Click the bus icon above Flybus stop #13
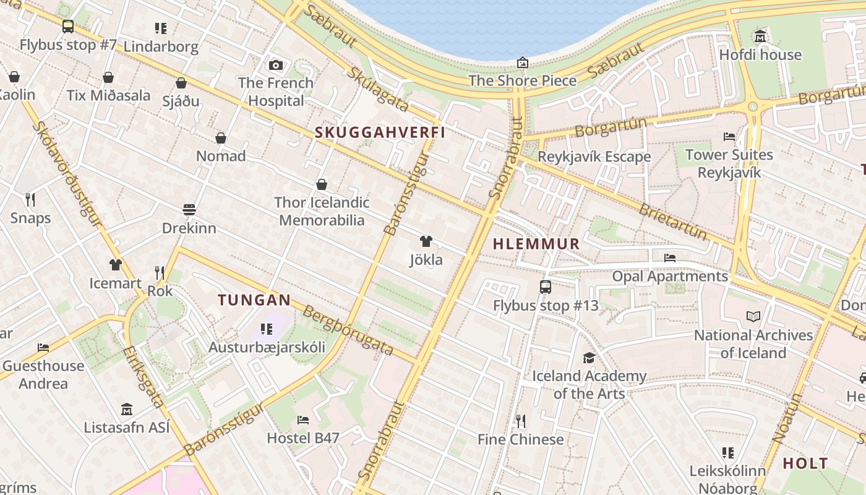pos(545,287)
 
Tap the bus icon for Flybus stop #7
pos(68,27)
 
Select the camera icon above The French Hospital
pos(276,65)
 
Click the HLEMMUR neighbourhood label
pos(536,244)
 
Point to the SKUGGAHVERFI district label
pos(380,132)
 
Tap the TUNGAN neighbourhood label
pos(254,300)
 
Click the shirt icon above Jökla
pos(426,241)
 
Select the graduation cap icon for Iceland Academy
pos(589,358)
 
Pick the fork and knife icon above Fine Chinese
pos(521,421)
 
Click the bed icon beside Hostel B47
pos(302,420)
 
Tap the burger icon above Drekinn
pos(189,210)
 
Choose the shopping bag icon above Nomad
pos(221,138)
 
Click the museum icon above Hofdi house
pos(760,37)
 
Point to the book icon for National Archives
pos(753,317)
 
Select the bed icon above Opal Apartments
pos(669,258)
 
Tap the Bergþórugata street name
pos(348,330)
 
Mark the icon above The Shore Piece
pos(523,62)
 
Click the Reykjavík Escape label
pos(594,157)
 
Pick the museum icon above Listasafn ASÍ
pos(127,409)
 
